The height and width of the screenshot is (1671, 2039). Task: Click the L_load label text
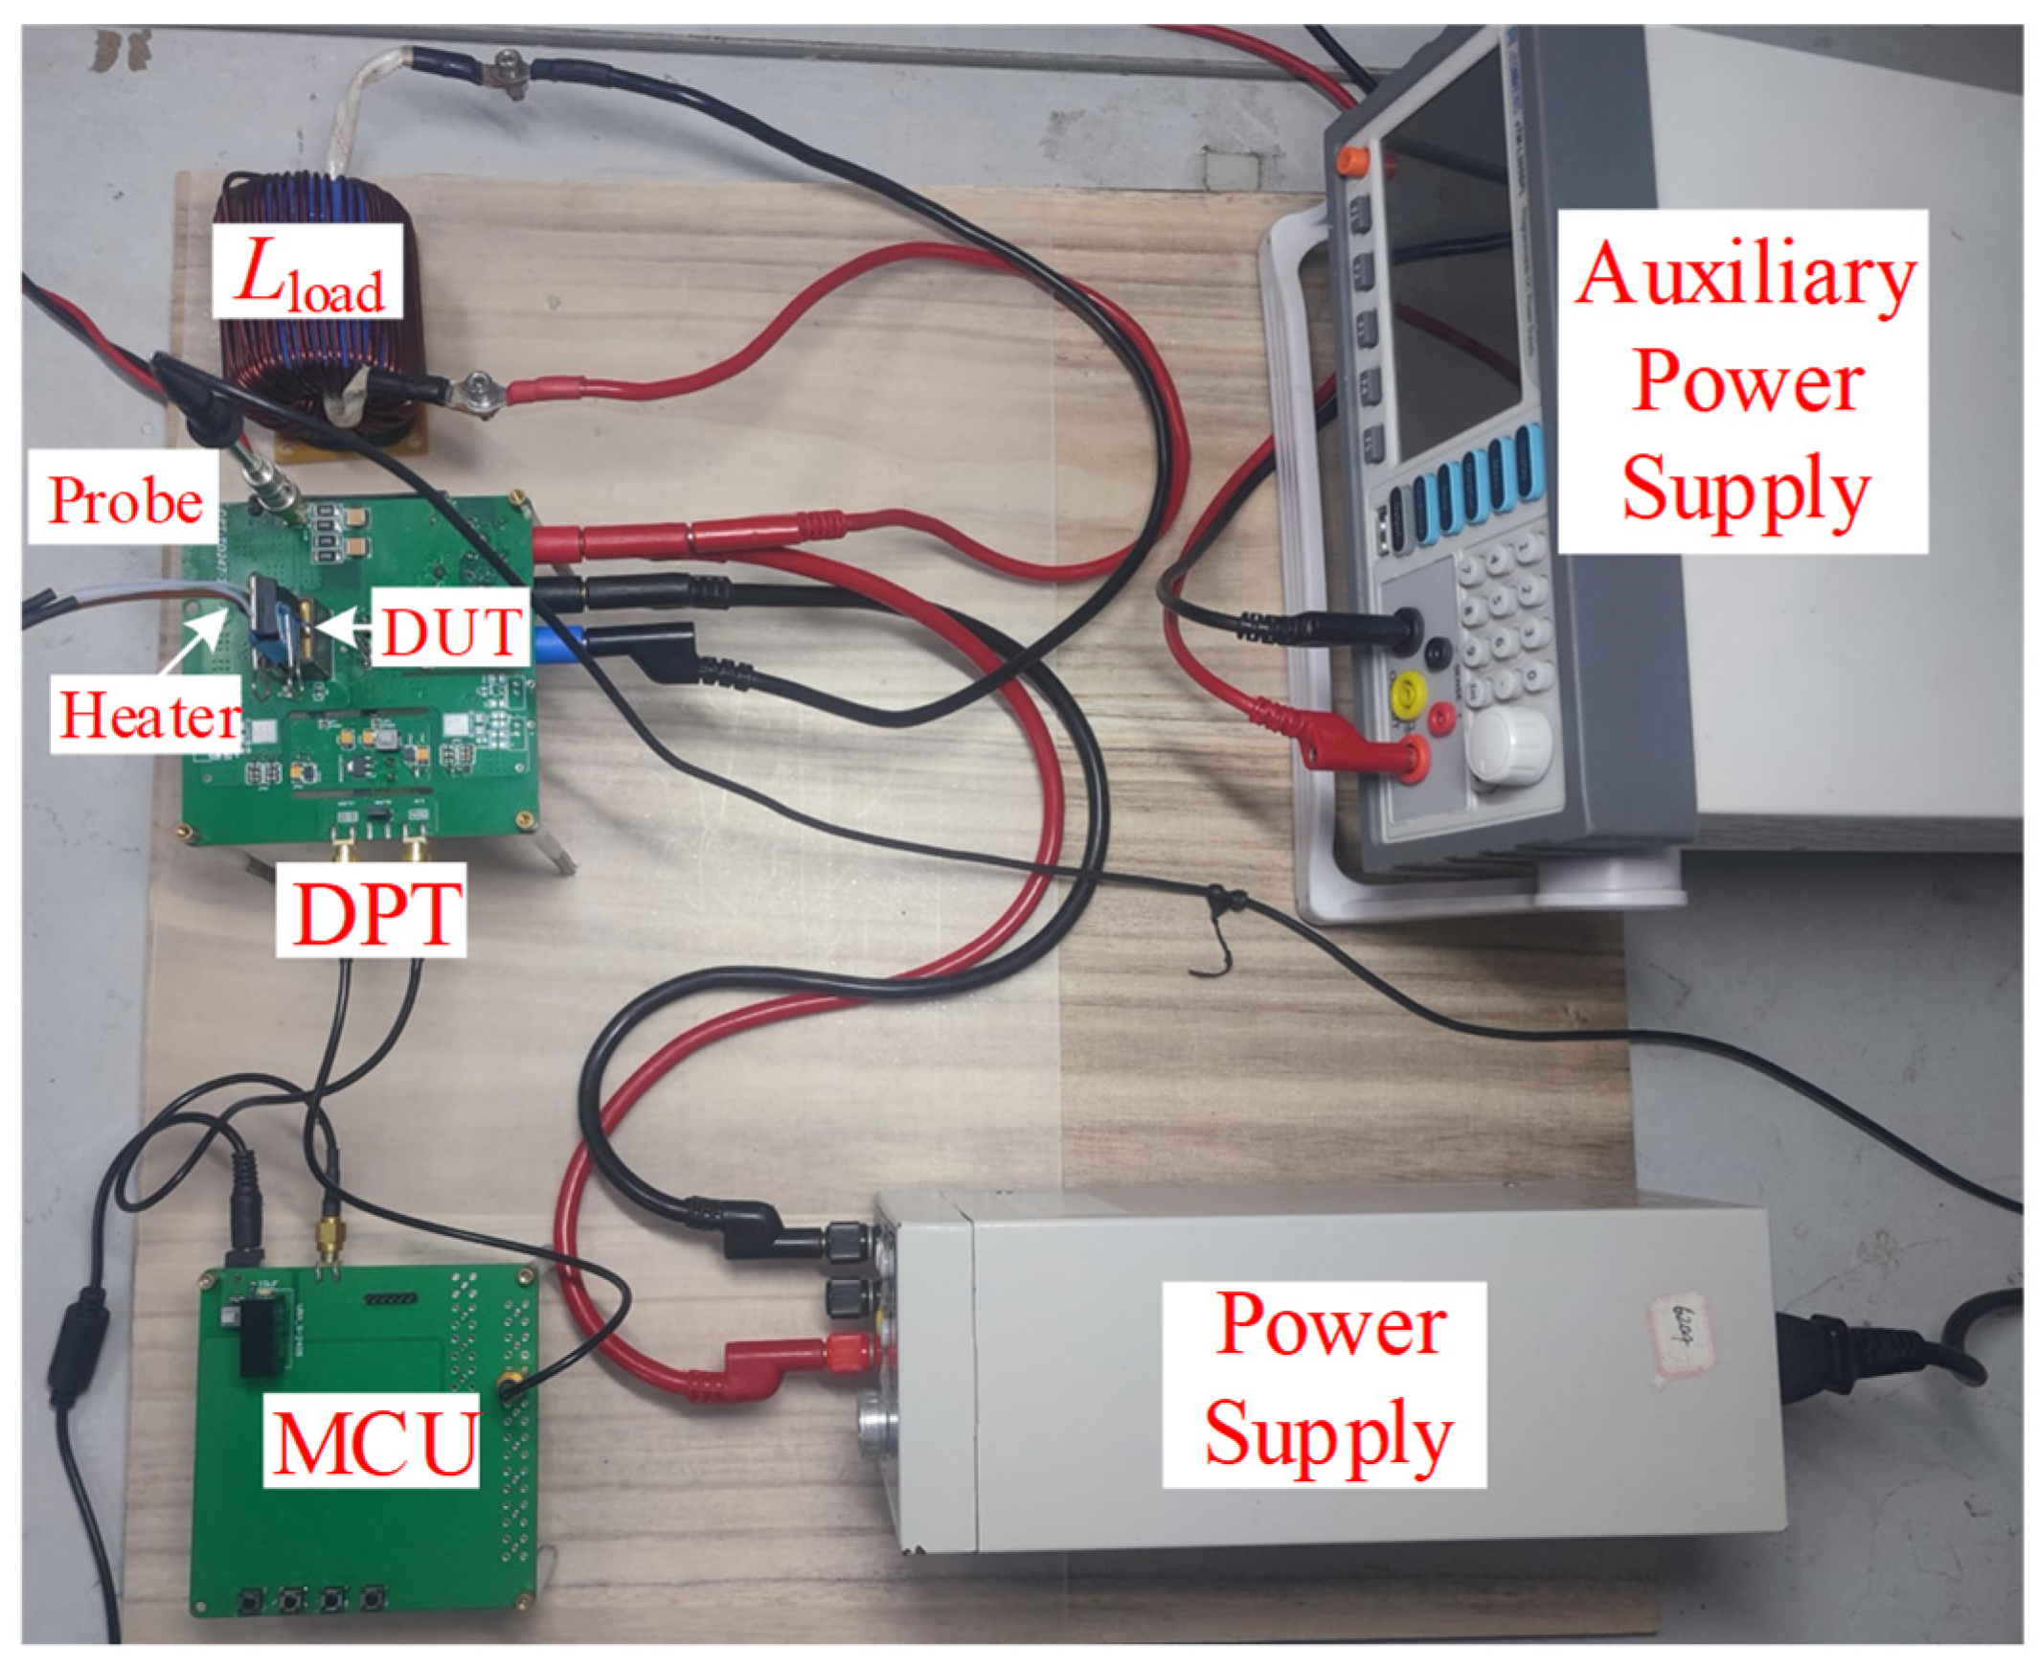[308, 275]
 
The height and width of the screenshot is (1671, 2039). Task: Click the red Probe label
[125, 501]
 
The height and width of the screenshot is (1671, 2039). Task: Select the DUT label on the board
[450, 632]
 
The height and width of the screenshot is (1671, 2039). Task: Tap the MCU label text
[374, 1442]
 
